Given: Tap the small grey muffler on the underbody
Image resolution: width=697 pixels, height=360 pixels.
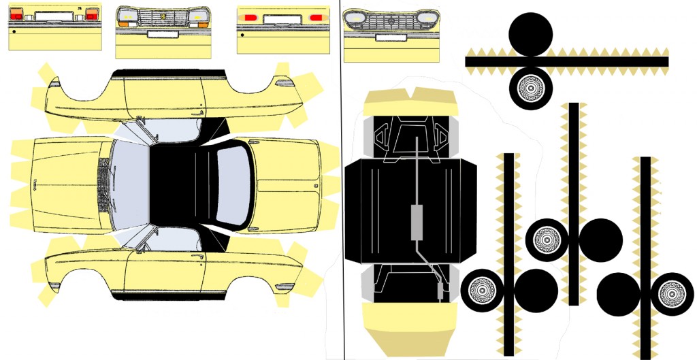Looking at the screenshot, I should point(442,291).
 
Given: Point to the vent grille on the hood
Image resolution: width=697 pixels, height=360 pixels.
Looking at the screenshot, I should point(105,184).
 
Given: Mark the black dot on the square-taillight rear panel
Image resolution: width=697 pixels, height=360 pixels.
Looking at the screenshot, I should point(14,31).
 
